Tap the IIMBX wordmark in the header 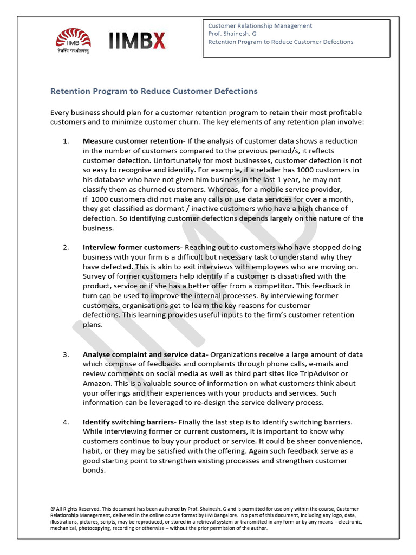[x=137, y=41]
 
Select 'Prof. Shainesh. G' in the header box [x=232, y=34]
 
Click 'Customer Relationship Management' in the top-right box [x=260, y=25]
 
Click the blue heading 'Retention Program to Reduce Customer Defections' [x=154, y=91]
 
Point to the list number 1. [x=66, y=141]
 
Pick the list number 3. [x=66, y=354]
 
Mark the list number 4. [x=66, y=422]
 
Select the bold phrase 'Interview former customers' [x=131, y=247]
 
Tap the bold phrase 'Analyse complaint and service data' [x=144, y=354]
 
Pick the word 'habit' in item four [x=94, y=451]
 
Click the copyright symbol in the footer [x=53, y=509]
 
